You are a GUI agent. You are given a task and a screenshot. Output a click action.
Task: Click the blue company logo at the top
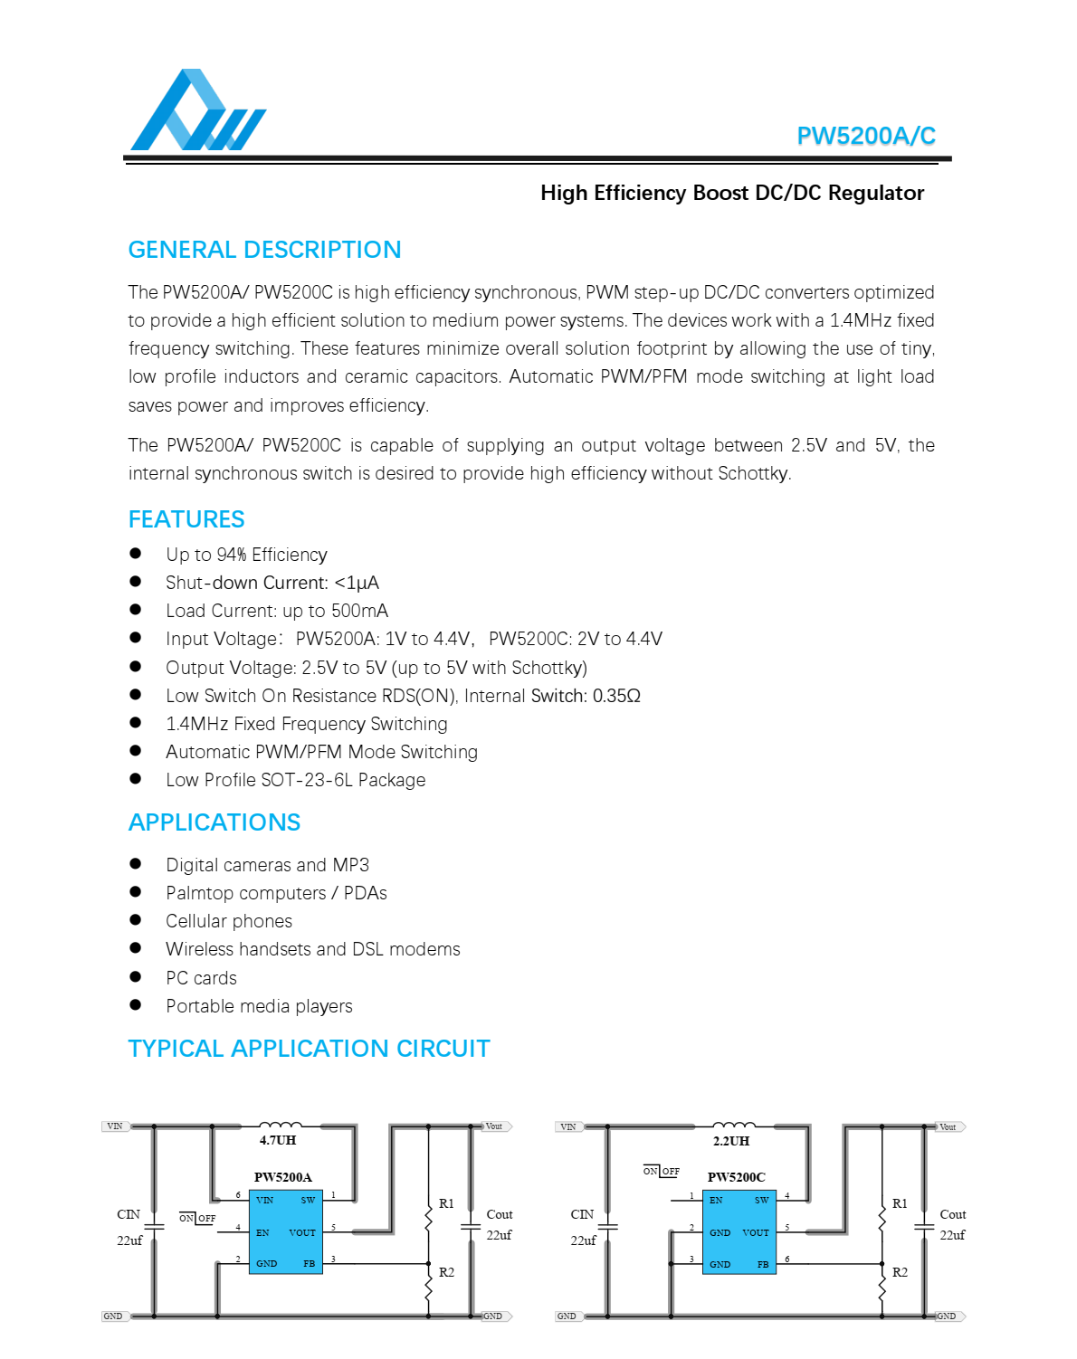tap(197, 111)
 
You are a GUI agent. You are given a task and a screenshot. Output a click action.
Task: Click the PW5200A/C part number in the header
tap(865, 136)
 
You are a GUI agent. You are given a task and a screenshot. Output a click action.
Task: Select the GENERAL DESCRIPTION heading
tap(264, 250)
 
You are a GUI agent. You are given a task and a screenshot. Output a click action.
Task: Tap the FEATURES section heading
tap(186, 519)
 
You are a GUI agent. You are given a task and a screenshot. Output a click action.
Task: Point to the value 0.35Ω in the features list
tap(616, 696)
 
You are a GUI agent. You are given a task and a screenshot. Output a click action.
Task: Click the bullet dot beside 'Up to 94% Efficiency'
tap(136, 554)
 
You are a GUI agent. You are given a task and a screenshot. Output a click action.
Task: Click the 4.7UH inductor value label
tap(278, 1140)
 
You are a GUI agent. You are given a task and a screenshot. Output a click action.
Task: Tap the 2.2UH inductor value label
tap(731, 1141)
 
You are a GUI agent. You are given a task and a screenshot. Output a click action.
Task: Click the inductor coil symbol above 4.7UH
tap(281, 1126)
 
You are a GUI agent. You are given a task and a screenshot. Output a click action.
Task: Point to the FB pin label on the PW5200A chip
tap(310, 1264)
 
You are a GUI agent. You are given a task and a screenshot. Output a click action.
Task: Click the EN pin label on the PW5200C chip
tap(716, 1201)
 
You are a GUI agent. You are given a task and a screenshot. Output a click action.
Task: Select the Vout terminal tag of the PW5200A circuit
tap(494, 1126)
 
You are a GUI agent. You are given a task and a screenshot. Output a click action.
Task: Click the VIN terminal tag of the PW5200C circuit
tap(568, 1127)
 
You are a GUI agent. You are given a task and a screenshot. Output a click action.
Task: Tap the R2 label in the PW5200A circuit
tap(446, 1272)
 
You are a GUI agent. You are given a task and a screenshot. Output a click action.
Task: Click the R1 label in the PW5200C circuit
tap(900, 1203)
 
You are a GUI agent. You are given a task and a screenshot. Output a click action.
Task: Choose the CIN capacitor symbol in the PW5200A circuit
tap(154, 1227)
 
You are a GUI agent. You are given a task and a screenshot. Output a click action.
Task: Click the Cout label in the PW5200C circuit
tap(953, 1214)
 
